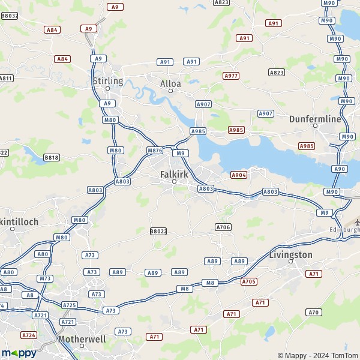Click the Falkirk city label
pyautogui.click(x=174, y=174)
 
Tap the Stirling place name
pyautogui.click(x=108, y=80)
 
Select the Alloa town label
pyautogui.click(x=170, y=83)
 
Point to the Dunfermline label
pyautogui.click(x=315, y=119)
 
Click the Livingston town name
pyautogui.click(x=292, y=254)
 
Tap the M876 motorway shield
pyautogui.click(x=154, y=150)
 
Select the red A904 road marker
pyautogui.click(x=239, y=175)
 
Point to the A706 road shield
pyautogui.click(x=223, y=227)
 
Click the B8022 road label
pyautogui.click(x=158, y=231)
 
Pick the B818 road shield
pyautogui.click(x=52, y=158)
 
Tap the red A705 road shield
pyautogui.click(x=249, y=281)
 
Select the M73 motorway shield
pyautogui.click(x=44, y=278)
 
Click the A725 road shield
pyautogui.click(x=70, y=305)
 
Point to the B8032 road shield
pyautogui.click(x=10, y=16)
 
